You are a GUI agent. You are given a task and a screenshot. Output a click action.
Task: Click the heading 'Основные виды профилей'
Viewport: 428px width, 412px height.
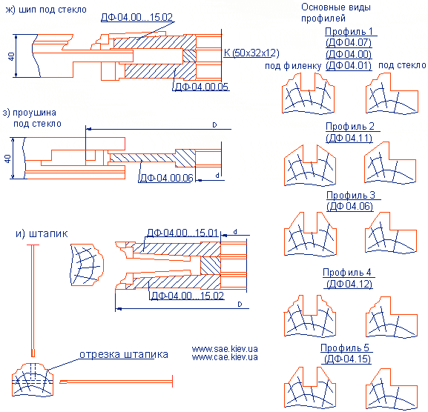click(x=336, y=13)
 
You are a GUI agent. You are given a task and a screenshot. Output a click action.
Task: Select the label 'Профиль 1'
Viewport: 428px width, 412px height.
click(x=349, y=31)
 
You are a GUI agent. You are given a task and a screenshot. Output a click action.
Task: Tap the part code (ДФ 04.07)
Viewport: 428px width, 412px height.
click(x=349, y=43)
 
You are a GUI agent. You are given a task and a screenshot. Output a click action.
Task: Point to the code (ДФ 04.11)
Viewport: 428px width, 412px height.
click(x=349, y=138)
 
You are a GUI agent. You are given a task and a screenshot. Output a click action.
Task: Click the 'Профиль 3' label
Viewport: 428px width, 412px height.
click(x=351, y=195)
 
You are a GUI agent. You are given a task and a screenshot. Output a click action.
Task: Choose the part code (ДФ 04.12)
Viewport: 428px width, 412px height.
click(x=349, y=284)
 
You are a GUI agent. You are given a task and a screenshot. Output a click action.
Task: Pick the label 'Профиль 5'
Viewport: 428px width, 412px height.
click(x=345, y=348)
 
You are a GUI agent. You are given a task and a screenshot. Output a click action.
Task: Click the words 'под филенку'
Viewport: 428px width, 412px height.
click(x=293, y=66)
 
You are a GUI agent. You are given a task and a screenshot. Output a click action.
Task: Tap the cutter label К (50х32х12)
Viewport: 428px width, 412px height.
click(x=251, y=53)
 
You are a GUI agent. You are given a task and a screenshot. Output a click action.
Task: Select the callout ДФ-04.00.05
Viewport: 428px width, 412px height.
click(x=202, y=87)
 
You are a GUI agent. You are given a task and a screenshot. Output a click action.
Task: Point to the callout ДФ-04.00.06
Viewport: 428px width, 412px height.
click(x=166, y=178)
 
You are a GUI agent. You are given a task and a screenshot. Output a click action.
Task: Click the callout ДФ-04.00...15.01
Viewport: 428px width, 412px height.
click(x=182, y=233)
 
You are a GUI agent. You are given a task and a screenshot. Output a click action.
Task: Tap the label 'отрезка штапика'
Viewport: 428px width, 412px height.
click(x=124, y=354)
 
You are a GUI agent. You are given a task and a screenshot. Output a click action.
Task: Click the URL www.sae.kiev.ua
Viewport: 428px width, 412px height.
click(x=225, y=349)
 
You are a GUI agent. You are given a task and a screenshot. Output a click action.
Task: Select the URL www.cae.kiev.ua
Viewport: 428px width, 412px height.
click(x=225, y=357)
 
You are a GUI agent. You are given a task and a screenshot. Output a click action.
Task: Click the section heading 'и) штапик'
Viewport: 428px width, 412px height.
click(x=42, y=233)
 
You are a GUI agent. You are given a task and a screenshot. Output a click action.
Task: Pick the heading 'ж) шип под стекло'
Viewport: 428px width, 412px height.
click(x=46, y=10)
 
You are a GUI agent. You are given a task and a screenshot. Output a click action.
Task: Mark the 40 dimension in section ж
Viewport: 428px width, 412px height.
click(x=11, y=56)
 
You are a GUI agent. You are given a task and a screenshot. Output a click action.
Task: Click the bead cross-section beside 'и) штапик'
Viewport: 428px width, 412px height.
click(x=87, y=265)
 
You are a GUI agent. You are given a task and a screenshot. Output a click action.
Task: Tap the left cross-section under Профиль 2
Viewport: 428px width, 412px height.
click(x=310, y=165)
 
